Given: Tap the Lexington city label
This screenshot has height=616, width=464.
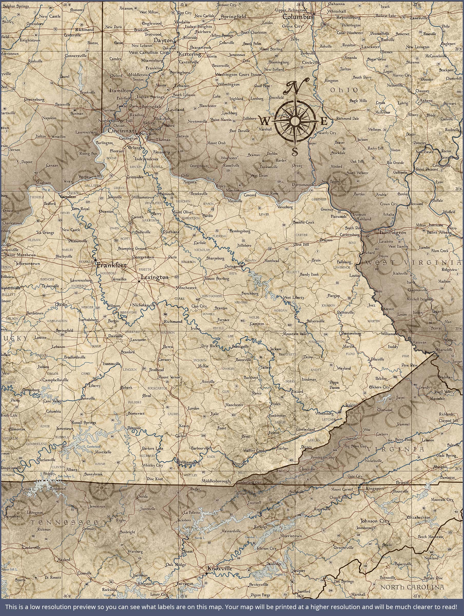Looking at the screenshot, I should (154, 277).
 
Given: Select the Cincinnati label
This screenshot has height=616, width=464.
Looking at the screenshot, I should (122, 131).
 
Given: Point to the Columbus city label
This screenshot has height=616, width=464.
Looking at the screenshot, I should (298, 17).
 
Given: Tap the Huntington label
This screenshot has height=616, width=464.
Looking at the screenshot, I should (393, 233).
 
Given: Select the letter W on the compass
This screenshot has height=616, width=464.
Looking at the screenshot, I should (265, 121).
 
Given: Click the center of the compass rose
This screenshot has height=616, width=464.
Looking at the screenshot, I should (295, 121).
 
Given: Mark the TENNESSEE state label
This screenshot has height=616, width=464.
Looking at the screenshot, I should (64, 522).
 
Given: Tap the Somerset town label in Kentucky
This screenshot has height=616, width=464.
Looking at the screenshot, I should (136, 413).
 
